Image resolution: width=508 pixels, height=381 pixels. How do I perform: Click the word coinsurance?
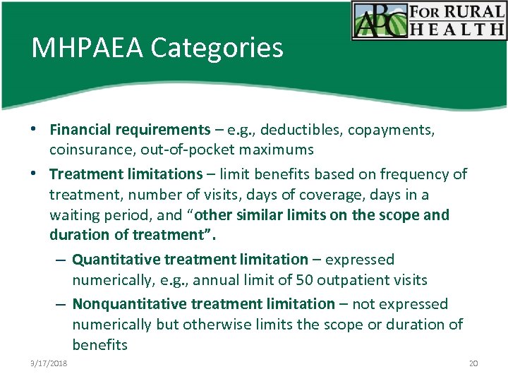[88, 150]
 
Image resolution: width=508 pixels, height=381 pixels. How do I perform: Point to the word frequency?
[411, 174]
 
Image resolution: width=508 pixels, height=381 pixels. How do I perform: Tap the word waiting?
[74, 214]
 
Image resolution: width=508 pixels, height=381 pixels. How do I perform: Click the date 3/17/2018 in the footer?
[49, 363]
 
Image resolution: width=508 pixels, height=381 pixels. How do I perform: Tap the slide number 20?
[473, 363]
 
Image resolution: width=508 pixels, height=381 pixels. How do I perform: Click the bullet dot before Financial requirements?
[33, 131]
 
